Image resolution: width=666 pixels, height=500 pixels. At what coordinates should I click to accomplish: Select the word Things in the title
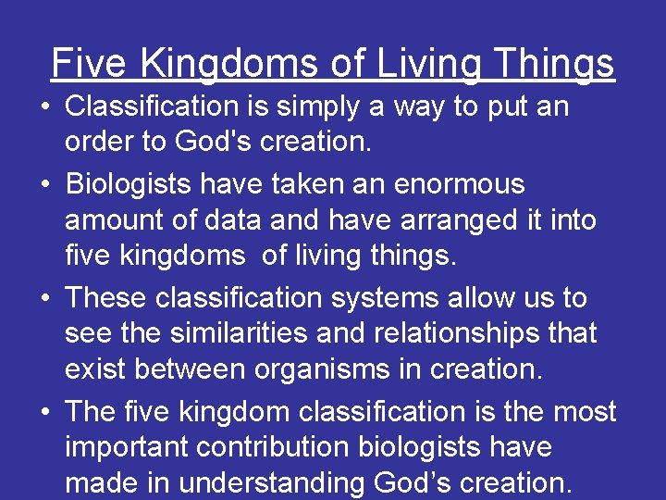(553, 64)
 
